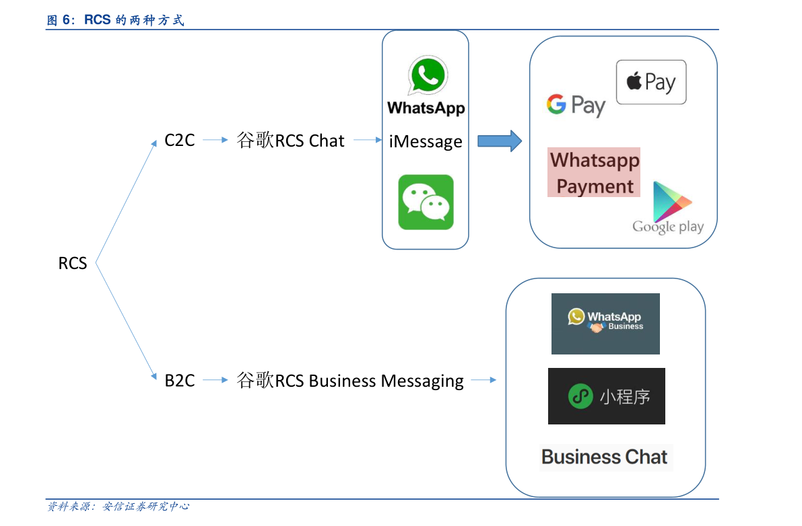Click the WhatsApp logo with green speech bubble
(426, 86)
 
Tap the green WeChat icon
(426, 202)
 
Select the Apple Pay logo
(651, 82)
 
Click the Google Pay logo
(576, 106)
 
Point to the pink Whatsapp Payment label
(594, 172)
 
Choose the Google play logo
(669, 208)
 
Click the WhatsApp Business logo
(605, 324)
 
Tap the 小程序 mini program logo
(606, 396)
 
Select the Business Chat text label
(605, 457)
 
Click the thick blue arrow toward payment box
(500, 141)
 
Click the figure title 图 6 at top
(115, 20)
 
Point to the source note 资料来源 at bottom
(118, 506)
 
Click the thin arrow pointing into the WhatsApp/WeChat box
(368, 140)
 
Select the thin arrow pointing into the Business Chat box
(483, 380)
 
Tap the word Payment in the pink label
(595, 186)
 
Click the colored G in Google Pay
(556, 104)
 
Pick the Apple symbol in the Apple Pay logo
(634, 81)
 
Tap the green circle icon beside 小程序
(580, 396)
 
